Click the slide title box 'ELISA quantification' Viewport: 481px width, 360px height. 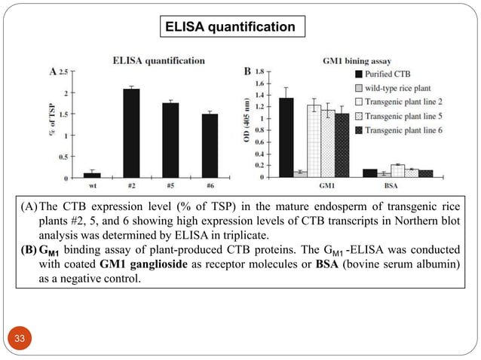tap(234, 27)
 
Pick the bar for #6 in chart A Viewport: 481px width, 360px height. tap(210, 145)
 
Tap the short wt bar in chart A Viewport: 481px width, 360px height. tap(92, 175)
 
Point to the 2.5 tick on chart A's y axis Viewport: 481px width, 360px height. tap(63, 72)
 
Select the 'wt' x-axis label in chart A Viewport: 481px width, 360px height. tap(92, 184)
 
